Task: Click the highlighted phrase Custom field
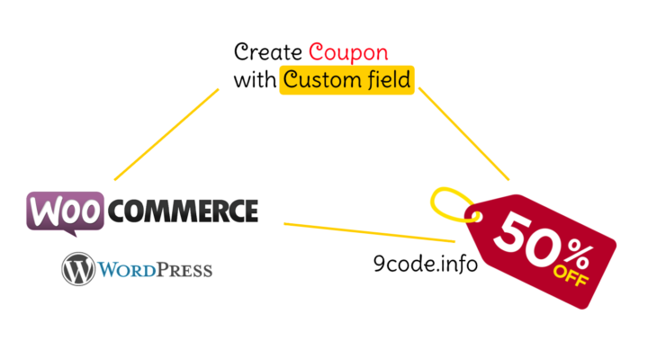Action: [x=346, y=80]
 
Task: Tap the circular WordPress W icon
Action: [x=78, y=269]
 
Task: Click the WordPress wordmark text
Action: [x=154, y=270]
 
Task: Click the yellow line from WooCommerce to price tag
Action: [x=369, y=231]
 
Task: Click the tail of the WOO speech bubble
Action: [x=68, y=233]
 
